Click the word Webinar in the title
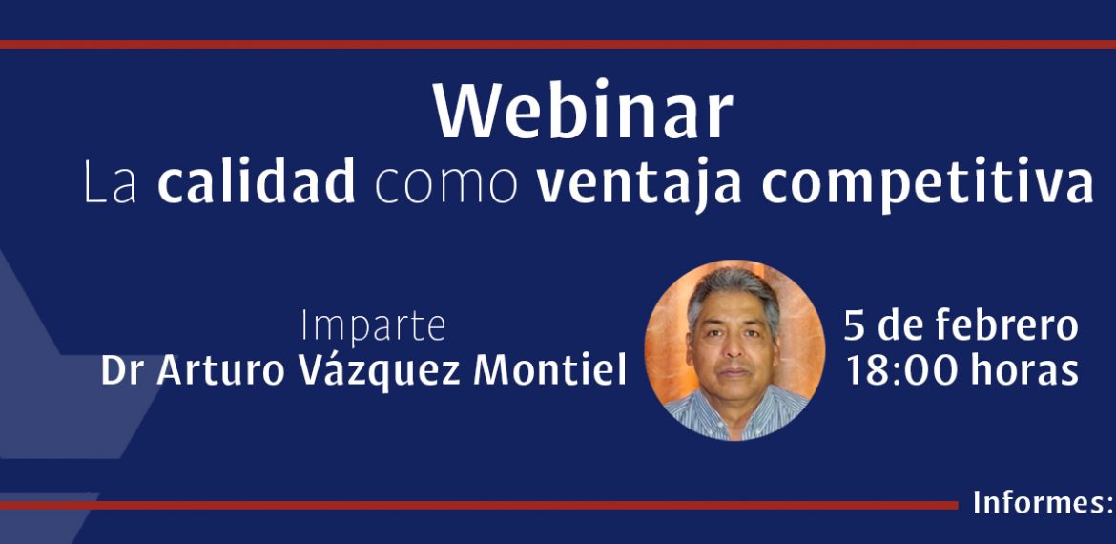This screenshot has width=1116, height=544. [x=583, y=111]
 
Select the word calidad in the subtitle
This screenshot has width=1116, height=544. [x=257, y=181]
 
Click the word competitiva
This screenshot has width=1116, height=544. [x=927, y=183]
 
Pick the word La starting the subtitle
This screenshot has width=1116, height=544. [x=111, y=183]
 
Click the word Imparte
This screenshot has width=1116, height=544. [x=373, y=327]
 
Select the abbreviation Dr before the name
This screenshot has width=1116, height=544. [x=122, y=370]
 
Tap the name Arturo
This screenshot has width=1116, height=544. [x=220, y=370]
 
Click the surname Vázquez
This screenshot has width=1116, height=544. [x=380, y=370]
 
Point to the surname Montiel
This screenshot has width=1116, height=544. [x=550, y=370]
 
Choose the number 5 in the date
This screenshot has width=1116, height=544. [x=854, y=326]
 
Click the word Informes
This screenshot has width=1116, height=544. [x=1037, y=503]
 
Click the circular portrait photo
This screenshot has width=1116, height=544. [x=734, y=350]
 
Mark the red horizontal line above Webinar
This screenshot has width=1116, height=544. [x=558, y=44]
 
